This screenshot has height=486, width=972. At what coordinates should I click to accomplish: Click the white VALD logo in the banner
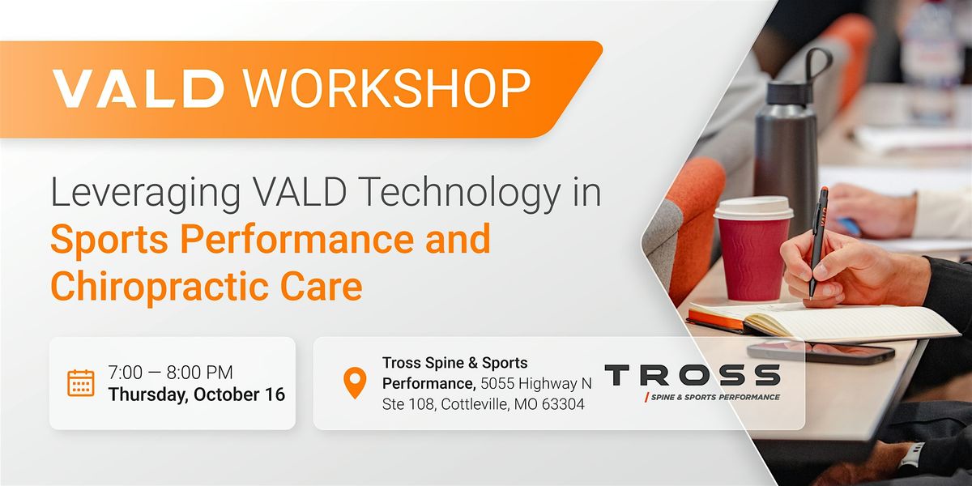138,88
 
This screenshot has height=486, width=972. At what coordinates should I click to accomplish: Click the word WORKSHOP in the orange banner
387,88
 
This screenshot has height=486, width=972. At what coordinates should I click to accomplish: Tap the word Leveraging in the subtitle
146,194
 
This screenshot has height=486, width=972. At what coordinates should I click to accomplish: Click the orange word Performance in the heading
297,240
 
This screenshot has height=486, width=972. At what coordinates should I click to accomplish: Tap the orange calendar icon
81,383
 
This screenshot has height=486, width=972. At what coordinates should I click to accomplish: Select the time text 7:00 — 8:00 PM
171,373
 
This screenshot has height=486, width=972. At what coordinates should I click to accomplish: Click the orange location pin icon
355,382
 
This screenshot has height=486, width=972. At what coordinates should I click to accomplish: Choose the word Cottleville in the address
475,404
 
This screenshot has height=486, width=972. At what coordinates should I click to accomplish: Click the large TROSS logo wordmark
693,375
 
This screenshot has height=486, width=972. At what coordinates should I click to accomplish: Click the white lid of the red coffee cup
753,209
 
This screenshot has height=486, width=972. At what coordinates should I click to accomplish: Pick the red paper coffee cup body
752,260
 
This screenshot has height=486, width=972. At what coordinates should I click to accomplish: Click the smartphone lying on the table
820,352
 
